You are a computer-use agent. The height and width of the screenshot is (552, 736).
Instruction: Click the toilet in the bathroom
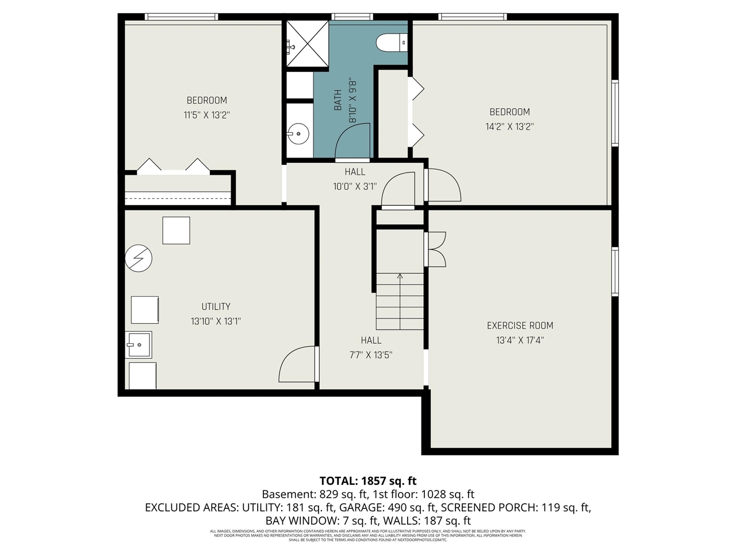(x=391, y=43)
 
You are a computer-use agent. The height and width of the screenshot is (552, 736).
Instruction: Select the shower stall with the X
(x=308, y=45)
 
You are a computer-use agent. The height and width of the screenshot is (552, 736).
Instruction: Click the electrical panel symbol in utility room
(x=138, y=259)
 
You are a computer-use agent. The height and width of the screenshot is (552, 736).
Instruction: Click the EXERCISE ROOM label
(x=520, y=325)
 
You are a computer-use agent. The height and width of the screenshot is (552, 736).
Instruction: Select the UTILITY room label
(x=216, y=306)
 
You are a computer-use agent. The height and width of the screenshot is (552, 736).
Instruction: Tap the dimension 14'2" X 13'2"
(x=509, y=126)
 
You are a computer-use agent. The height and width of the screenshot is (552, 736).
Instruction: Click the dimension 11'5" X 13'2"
(x=206, y=115)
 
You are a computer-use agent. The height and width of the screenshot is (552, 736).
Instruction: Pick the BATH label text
(x=338, y=100)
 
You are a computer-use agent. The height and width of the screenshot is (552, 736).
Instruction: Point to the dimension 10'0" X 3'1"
(x=355, y=186)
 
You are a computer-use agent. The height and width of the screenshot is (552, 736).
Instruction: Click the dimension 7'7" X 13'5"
(x=371, y=355)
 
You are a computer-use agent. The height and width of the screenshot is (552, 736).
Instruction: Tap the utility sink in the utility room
(x=139, y=345)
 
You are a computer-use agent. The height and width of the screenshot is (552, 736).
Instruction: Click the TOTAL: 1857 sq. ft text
(x=368, y=481)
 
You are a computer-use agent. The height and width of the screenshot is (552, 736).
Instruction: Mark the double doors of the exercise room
(x=436, y=249)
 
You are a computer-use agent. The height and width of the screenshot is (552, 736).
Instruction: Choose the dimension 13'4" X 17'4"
(x=520, y=340)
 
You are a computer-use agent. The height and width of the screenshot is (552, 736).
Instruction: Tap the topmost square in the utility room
(x=176, y=231)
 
